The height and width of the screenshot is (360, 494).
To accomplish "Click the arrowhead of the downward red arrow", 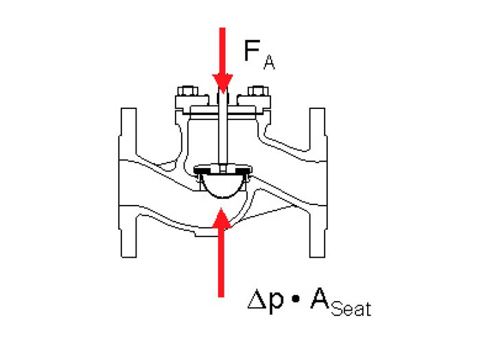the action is pyautogui.click(x=222, y=83).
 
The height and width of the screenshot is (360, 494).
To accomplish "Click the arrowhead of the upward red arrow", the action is pyautogui.click(x=222, y=218).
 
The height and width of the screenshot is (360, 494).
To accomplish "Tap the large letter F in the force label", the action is pyautogui.click(x=252, y=50).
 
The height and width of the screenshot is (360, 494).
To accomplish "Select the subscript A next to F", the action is pyautogui.click(x=269, y=62).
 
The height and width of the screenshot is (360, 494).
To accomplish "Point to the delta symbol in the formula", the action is pyautogui.click(x=257, y=300).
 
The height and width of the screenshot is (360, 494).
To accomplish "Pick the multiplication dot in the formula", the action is pyautogui.click(x=296, y=300).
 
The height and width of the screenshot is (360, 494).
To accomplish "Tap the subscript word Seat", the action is pyautogui.click(x=351, y=309).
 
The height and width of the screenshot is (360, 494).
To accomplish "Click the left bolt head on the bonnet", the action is pyautogui.click(x=188, y=91).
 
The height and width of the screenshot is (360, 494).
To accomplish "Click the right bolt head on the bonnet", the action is pyautogui.click(x=258, y=91).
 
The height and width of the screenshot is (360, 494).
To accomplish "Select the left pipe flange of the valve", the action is pyautogui.click(x=128, y=182).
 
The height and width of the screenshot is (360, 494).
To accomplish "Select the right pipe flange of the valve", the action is pyautogui.click(x=318, y=182).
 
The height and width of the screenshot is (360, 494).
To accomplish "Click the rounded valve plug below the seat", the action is pyautogui.click(x=223, y=187).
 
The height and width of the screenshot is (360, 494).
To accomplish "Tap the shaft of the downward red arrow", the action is pyautogui.click(x=222, y=51).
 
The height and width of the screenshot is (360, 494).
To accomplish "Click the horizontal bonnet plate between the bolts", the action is pyautogui.click(x=223, y=110).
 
